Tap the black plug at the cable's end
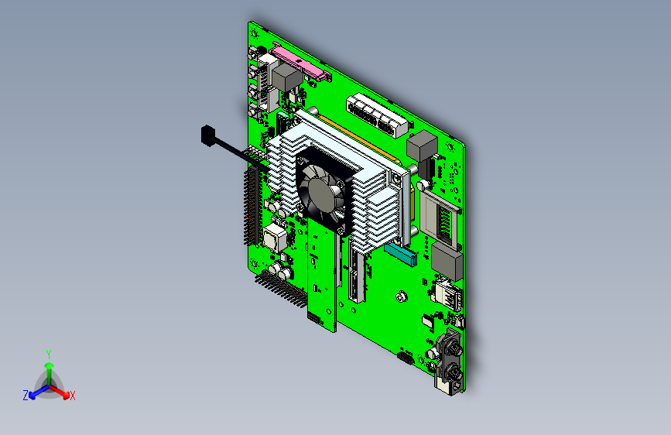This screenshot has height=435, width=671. (x=207, y=135)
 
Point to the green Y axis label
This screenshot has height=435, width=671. (x=48, y=353)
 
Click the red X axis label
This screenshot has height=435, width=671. (x=73, y=396)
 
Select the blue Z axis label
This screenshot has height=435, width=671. (x=26, y=396)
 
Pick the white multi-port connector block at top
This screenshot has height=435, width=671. (x=377, y=113)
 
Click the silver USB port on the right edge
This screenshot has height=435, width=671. (x=448, y=293)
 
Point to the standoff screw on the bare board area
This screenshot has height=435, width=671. (x=400, y=296)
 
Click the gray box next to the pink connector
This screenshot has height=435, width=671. (x=286, y=77)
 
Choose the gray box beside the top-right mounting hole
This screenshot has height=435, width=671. (x=423, y=146)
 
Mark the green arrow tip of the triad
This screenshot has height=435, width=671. (x=48, y=364)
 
